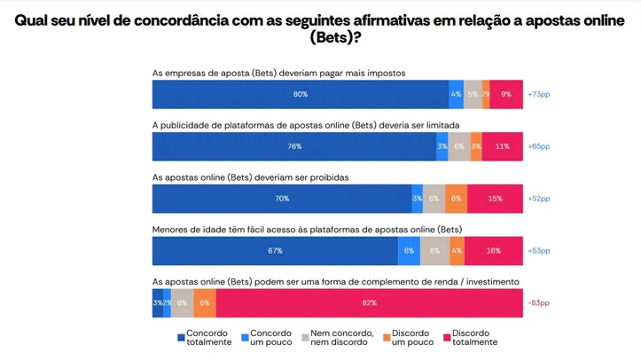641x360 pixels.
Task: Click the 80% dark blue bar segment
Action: [x=300, y=94]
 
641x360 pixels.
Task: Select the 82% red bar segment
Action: [x=370, y=302]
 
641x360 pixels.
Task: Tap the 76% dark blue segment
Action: [x=294, y=146]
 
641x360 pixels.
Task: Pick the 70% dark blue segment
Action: [x=282, y=199]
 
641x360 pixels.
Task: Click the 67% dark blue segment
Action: [x=275, y=251]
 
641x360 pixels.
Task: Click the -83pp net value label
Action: [x=537, y=302]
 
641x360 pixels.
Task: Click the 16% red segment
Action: [x=494, y=251]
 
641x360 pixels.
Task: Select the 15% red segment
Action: [x=495, y=199]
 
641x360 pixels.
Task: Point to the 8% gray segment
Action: [x=434, y=251]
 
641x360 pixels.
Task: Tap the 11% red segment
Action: [x=503, y=146]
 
